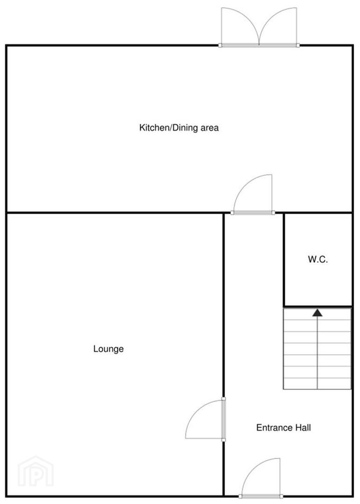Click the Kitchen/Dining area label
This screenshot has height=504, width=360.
(179, 128)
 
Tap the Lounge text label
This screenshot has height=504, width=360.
(108, 349)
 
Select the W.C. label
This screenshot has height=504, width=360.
(318, 259)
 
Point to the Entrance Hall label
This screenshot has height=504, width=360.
(284, 427)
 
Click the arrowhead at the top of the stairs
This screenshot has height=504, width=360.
(317, 312)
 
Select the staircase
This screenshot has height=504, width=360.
(317, 349)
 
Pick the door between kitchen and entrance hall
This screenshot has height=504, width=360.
(253, 195)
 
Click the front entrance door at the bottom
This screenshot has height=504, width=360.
(261, 479)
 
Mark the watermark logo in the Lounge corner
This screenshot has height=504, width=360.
(35, 471)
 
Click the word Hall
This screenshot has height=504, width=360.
(303, 427)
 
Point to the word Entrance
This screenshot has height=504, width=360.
(274, 427)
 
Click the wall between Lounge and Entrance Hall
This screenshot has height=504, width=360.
(223, 354)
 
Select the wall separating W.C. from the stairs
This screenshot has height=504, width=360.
(318, 306)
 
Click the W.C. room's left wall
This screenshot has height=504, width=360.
(284, 260)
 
